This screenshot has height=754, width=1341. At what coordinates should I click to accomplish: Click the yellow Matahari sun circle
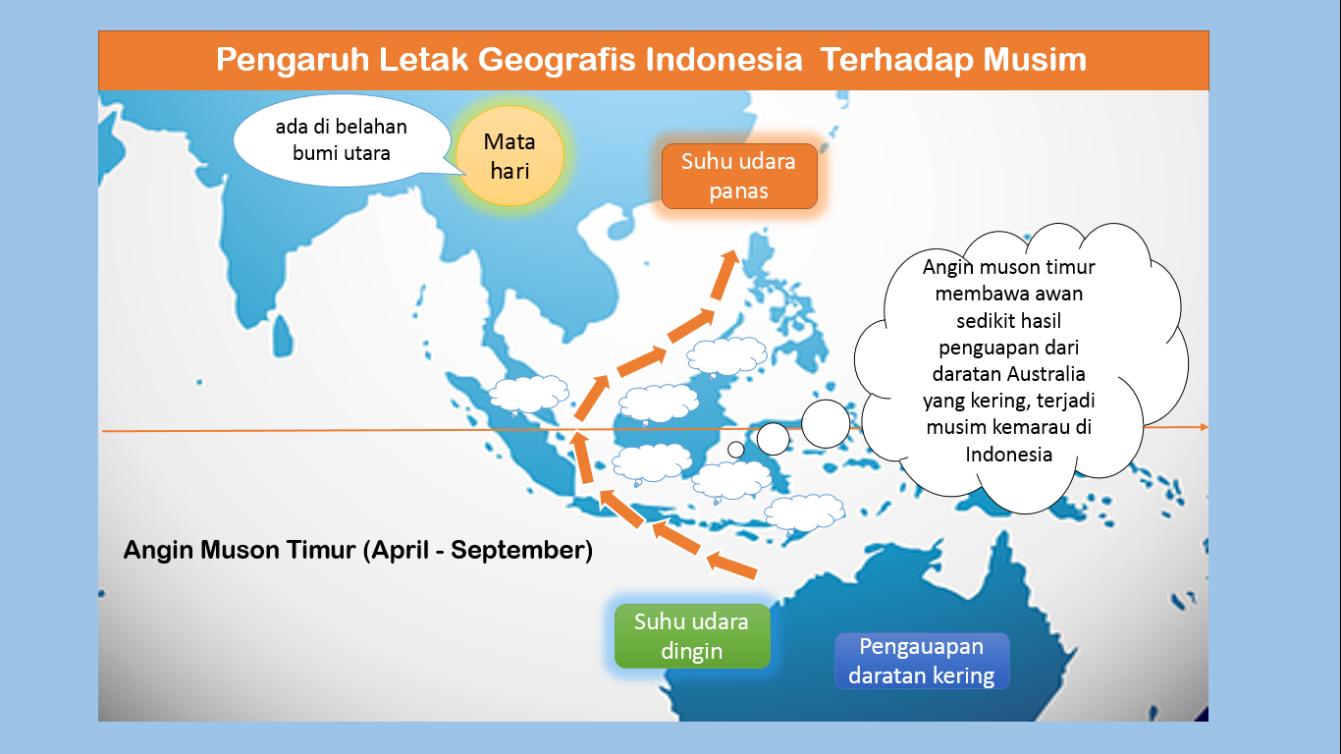[510, 157]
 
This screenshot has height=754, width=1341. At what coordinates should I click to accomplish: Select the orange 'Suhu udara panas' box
[738, 176]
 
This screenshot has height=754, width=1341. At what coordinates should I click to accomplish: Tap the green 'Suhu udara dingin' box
[691, 636]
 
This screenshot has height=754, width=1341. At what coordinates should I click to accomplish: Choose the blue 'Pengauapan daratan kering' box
[921, 661]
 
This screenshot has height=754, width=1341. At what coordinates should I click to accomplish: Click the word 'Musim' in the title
[1039, 60]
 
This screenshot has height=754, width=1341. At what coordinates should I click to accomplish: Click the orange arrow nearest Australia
[731, 565]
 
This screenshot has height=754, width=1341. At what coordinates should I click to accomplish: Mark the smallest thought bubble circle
[735, 450]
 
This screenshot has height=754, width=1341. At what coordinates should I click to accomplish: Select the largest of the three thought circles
[825, 423]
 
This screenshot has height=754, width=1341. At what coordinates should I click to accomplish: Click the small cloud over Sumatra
[528, 393]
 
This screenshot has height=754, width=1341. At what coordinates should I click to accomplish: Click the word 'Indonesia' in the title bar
[724, 60]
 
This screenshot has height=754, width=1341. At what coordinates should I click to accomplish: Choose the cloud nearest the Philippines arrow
[726, 355]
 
